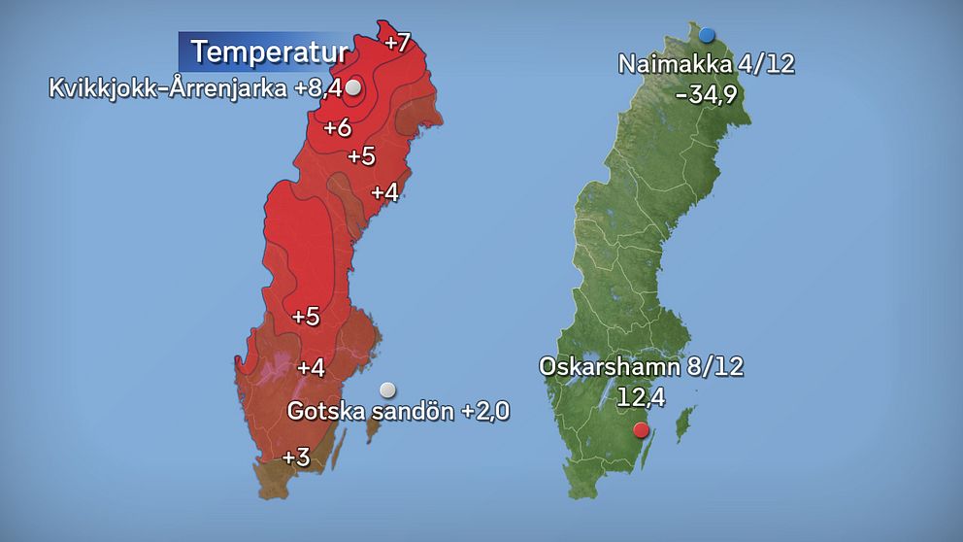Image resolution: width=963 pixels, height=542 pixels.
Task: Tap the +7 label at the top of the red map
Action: click(398, 43)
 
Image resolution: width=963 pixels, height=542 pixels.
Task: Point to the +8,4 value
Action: click(320, 89)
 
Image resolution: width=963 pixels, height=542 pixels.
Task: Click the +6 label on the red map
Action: click(337, 127)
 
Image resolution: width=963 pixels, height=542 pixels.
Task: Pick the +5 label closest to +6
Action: click(361, 155)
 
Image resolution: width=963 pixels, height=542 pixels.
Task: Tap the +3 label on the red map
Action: click(296, 457)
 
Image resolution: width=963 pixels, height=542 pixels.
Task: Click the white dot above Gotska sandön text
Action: click(387, 390)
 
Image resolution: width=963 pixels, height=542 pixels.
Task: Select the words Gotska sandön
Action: click(371, 411)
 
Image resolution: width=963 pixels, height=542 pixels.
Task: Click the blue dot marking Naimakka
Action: click(707, 35)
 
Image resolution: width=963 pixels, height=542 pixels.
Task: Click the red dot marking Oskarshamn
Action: click(640, 430)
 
